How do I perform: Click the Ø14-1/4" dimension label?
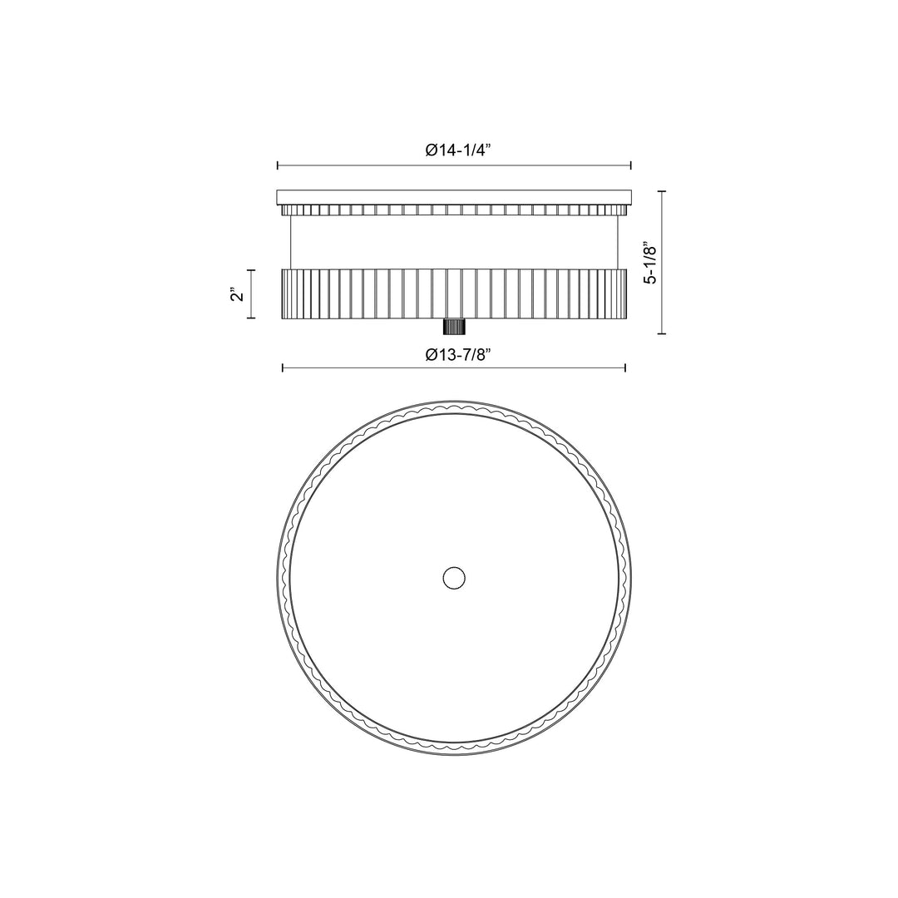[459, 150]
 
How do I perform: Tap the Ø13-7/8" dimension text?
[459, 355]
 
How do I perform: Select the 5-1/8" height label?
[650, 262]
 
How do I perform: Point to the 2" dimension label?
[237, 294]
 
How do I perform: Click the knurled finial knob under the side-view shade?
[454, 327]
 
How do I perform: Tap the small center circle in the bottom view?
[454, 578]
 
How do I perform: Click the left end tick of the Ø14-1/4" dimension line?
[278, 165]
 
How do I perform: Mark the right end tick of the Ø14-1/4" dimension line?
[630, 165]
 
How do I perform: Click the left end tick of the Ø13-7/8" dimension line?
[283, 368]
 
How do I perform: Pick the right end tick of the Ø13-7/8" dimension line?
[624, 368]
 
